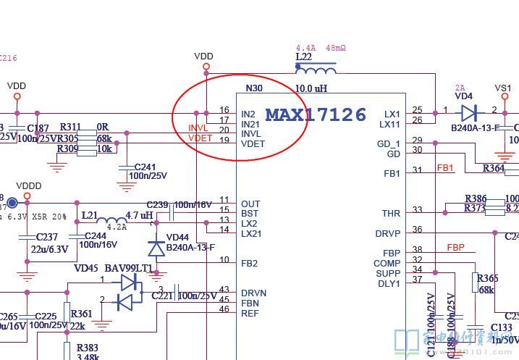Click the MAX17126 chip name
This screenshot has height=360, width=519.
[x=316, y=114]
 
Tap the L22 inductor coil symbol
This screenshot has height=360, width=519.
[x=316, y=70]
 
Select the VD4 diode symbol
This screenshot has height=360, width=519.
[x=469, y=112]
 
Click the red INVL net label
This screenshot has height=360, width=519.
[x=198, y=129]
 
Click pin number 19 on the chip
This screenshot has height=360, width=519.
[x=224, y=143]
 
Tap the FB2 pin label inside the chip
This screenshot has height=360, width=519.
[x=250, y=263]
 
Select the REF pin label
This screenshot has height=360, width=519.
[x=250, y=313]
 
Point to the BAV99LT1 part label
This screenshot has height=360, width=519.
[x=127, y=268]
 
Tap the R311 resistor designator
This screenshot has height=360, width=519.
[x=70, y=127]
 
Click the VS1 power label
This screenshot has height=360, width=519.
[x=502, y=88]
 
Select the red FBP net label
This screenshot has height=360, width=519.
[x=455, y=248]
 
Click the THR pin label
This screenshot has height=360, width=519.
[x=391, y=214]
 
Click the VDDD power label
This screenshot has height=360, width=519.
[x=28, y=186]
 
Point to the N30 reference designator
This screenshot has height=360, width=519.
[x=254, y=88]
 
